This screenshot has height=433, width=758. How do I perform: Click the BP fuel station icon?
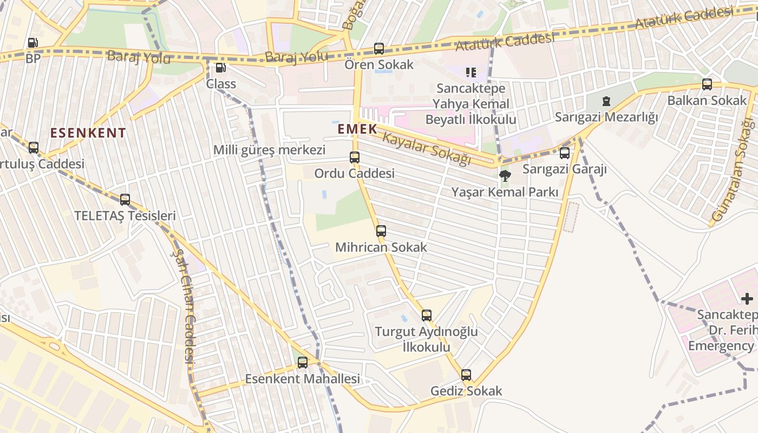coord(32,42)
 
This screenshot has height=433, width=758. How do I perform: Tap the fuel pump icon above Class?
coord(220,68)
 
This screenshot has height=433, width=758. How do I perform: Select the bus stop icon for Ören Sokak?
coord(379,49)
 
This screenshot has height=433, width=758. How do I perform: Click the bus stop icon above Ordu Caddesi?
coord(354,158)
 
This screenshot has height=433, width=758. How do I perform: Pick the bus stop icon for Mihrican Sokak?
coord(381,231)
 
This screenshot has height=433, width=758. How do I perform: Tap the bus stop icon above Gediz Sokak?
coord(466,375)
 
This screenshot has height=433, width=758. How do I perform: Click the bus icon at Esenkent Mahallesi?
coord(302,363)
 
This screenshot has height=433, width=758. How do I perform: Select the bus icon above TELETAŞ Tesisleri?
coord(125,200)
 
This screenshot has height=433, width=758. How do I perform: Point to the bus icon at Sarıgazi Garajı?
coord(565,153)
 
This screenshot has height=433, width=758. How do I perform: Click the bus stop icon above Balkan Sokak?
coord(707,84)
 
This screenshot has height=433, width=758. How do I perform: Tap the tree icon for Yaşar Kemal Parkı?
coord(505,175)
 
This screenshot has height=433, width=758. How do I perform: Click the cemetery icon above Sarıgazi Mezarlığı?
coord(606,101)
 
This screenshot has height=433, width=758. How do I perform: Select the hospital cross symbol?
coord(747,298)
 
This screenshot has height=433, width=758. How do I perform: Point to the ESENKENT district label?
coord(88,133)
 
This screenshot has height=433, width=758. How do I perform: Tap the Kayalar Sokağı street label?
coord(426,148)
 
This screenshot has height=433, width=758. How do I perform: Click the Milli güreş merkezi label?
coord(269,150)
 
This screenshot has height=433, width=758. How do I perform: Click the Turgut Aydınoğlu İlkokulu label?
coord(427,339)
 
